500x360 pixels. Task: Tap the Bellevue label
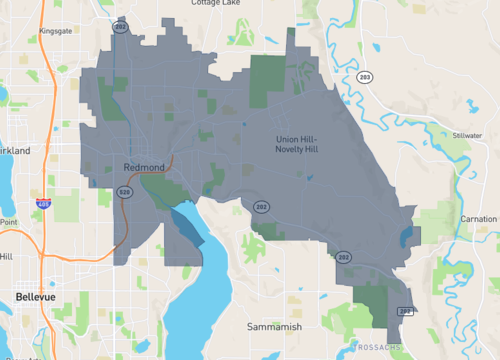click(36, 297)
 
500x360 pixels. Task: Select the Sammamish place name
click(275, 327)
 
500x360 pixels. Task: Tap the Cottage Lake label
click(217, 4)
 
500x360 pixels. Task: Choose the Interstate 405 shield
click(43, 204)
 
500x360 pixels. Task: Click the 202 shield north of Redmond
click(121, 28)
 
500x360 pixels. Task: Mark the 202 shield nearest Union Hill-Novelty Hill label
click(260, 207)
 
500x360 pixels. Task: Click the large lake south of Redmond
click(190, 300)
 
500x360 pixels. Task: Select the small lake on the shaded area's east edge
click(404, 238)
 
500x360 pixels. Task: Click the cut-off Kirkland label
click(14, 150)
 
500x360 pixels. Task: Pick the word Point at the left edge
click(8, 222)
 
